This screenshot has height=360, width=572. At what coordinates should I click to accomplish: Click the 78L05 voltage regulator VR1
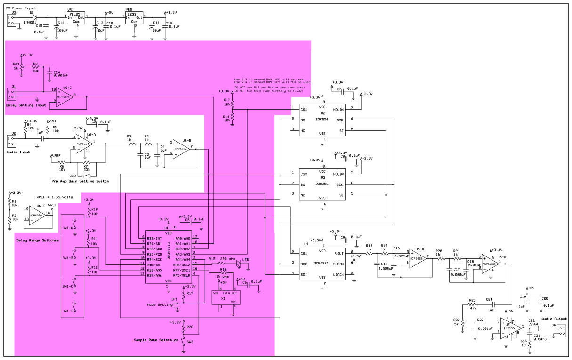[x=74, y=18]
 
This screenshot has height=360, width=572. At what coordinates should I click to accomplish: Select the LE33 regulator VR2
[x=134, y=18]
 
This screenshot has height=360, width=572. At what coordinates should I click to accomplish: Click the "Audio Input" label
[x=18, y=152]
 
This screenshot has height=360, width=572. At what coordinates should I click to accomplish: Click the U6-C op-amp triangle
[x=66, y=96]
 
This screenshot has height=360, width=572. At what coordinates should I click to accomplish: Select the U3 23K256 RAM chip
[x=322, y=184]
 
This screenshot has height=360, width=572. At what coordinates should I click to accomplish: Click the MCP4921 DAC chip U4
[x=322, y=264]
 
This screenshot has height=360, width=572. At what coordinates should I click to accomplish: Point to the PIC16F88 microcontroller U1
[x=168, y=256]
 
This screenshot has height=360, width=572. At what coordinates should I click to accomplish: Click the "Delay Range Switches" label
[x=38, y=240]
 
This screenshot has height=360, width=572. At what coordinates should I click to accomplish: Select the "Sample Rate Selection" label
[x=156, y=339]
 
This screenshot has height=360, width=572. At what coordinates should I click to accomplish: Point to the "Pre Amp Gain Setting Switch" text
[x=81, y=181]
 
